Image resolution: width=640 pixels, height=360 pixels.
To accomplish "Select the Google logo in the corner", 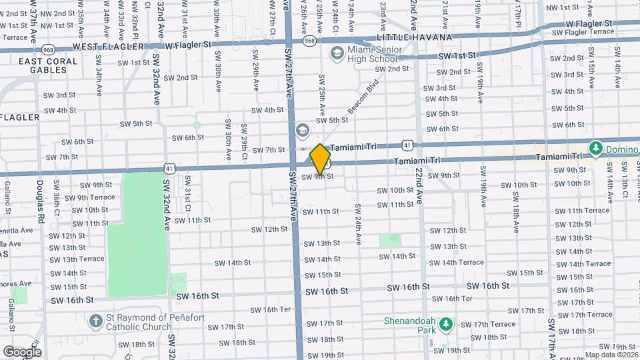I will pos(22,351).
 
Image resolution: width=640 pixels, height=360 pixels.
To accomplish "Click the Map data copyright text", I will pos(611,355).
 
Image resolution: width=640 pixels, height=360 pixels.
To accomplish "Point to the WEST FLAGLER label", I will pos(108,47).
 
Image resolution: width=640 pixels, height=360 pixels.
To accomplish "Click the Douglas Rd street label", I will pos(41,201).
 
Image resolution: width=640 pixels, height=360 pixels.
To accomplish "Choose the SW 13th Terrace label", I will pos(77,259).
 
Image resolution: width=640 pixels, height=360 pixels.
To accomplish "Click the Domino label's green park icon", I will pos(595,147).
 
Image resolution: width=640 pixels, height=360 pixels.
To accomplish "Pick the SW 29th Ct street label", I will pos(245,141).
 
